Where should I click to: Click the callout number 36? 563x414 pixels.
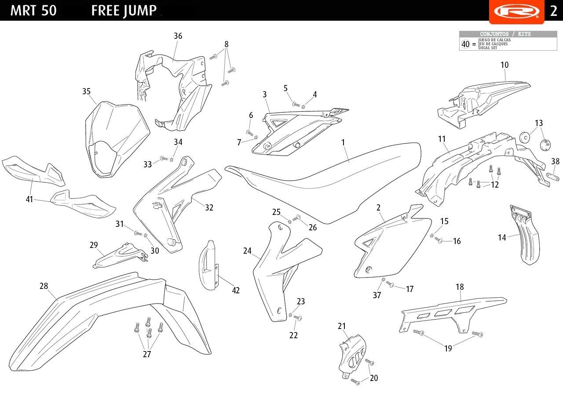click(x=178, y=36)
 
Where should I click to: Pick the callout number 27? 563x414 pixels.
click(x=147, y=354)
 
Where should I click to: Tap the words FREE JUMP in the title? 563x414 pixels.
click(x=124, y=11)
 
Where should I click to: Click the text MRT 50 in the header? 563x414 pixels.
click(x=33, y=11)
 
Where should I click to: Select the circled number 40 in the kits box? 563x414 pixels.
click(x=465, y=44)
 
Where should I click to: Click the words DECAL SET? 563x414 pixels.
click(x=487, y=48)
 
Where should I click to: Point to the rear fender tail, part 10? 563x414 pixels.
click(x=484, y=99)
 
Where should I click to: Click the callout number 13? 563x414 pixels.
click(x=539, y=123)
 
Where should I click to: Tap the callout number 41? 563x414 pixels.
click(x=29, y=199)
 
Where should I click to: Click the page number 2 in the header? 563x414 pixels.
click(x=553, y=11)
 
